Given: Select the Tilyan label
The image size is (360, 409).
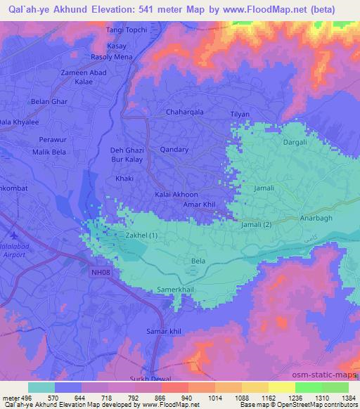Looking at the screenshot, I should [x=240, y=114].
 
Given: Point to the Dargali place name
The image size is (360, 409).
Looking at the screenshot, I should [x=295, y=142].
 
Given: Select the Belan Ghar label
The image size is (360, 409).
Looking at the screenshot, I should [x=49, y=102].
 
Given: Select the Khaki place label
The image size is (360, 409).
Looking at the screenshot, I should [x=124, y=178].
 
